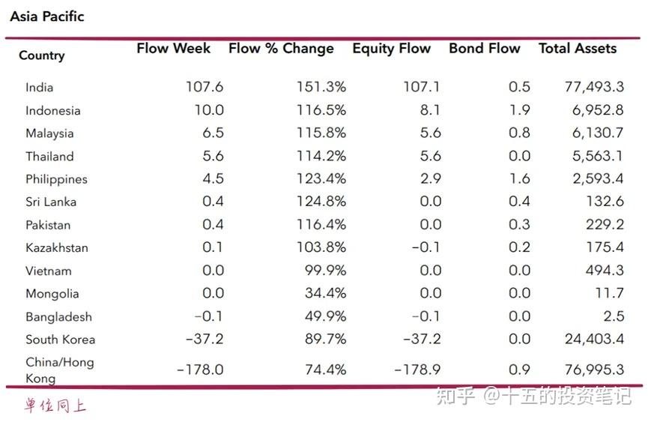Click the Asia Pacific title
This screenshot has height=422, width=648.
47,16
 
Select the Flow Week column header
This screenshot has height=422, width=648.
174,49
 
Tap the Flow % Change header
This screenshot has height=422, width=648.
281,49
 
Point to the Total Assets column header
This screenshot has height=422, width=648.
578,49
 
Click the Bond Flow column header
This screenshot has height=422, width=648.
485,49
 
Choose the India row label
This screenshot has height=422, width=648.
39,88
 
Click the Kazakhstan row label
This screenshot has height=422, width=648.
57,247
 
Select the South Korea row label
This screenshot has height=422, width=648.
61,340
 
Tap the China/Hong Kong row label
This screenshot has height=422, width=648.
59,370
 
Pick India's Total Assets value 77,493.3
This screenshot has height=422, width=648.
594,87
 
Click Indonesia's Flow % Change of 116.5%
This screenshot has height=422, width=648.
321,110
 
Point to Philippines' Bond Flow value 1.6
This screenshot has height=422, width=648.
519,178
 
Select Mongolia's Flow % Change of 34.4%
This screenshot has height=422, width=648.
325,293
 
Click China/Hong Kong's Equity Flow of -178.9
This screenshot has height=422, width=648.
417,369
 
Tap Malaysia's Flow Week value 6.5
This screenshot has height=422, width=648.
214,133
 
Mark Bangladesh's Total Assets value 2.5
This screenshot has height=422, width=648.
614,316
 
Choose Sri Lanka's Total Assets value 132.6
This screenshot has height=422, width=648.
605,202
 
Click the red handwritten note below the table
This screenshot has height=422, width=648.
55,405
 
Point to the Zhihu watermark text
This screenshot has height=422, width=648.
534,396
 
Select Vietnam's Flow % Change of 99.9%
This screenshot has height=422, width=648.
325,271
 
